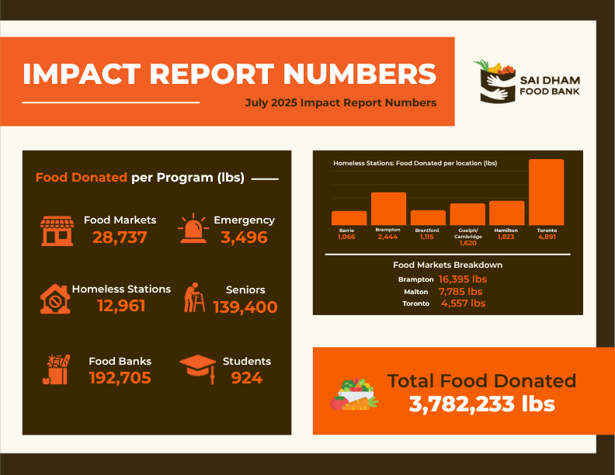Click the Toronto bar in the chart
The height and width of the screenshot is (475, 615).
click(546, 192)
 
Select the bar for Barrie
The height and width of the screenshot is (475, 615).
click(349, 218)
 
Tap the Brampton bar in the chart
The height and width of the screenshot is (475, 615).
click(388, 209)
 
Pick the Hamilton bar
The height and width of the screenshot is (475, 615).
click(506, 213)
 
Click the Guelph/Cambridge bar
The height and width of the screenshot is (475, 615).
click(467, 214)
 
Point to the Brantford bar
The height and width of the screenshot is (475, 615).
click(428, 217)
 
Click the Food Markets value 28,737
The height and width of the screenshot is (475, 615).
click(120, 237)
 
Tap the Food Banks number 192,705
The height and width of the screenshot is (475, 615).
click(120, 378)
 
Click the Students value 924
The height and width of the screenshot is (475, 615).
click(246, 378)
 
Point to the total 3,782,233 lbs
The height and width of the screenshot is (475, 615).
click(482, 404)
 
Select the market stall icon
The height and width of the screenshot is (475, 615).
click(56, 230)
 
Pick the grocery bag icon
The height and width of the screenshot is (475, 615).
click(56, 369)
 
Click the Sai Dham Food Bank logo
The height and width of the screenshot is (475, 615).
click(525, 84)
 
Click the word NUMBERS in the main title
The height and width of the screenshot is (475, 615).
click(360, 74)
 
